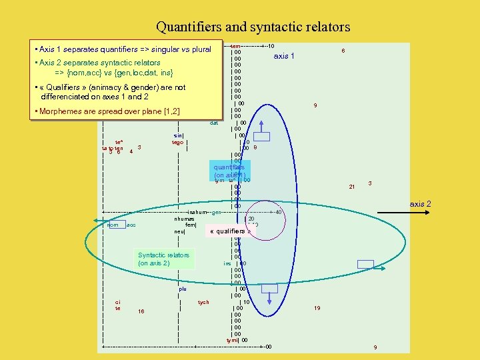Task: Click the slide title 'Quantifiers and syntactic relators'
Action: [253, 27]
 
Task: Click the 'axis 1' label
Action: [284, 56]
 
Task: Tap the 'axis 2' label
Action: [420, 203]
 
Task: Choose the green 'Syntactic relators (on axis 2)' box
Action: [163, 259]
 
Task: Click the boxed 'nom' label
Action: [112, 225]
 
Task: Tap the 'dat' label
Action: [214, 123]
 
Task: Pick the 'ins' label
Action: [227, 263]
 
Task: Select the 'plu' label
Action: [183, 289]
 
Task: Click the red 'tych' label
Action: [203, 302]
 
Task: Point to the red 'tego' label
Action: [177, 141]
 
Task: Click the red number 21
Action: [352, 187]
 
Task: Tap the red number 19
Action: [317, 308]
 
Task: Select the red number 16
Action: [141, 311]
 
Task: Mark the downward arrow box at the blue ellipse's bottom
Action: [269, 289]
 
